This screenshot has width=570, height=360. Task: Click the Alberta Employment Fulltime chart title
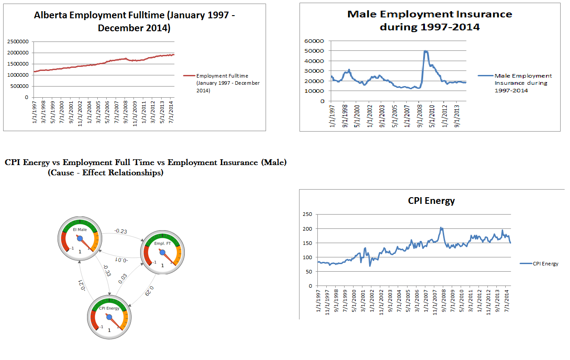point(134,21)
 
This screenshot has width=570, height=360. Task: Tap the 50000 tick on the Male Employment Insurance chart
point(314,51)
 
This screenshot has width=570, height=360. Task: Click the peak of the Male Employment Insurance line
point(426,51)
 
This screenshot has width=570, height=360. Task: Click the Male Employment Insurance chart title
point(429,21)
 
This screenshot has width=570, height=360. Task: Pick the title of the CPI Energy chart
point(431,201)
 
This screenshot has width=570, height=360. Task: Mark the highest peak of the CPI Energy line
point(441,228)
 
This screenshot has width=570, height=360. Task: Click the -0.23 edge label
point(121,231)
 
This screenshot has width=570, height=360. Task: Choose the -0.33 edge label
point(106,270)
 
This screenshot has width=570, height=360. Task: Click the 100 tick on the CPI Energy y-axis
point(308,257)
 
